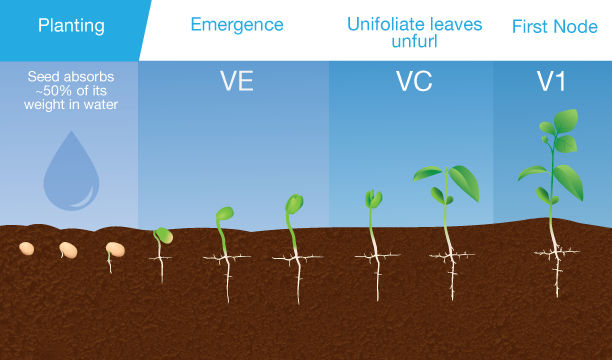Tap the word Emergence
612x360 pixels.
pyautogui.click(x=236, y=25)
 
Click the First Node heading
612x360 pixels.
pyautogui.click(x=554, y=26)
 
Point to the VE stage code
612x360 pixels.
pyautogui.click(x=236, y=83)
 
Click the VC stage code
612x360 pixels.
pyautogui.click(x=413, y=83)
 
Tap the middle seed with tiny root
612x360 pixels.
pyautogui.click(x=68, y=249)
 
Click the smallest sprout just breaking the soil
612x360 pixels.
pyautogui.click(x=161, y=235)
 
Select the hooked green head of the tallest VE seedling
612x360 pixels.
pyautogui.click(x=294, y=204)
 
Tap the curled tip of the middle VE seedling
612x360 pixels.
pyautogui.click(x=225, y=213)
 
